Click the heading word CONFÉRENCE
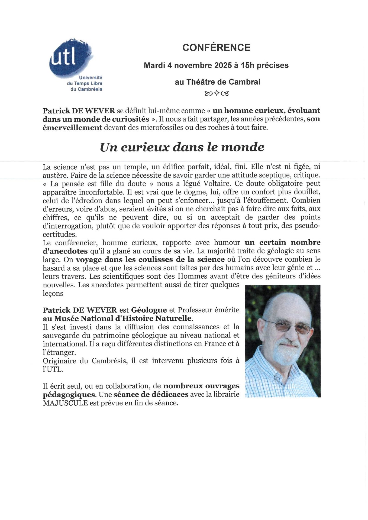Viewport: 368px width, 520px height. [216, 48]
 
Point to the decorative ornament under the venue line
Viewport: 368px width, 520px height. [217, 94]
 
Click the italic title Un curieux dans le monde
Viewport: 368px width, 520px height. [182, 147]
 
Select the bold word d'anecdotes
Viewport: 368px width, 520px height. [65, 251]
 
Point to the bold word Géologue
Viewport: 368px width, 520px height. [149, 310]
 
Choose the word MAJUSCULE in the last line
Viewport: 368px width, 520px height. [65, 403]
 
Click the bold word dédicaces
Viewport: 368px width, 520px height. [170, 395]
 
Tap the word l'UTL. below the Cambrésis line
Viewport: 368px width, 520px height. [53, 369]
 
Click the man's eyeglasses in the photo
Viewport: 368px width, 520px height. [289, 326]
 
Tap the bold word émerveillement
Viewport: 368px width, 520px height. [72, 128]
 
